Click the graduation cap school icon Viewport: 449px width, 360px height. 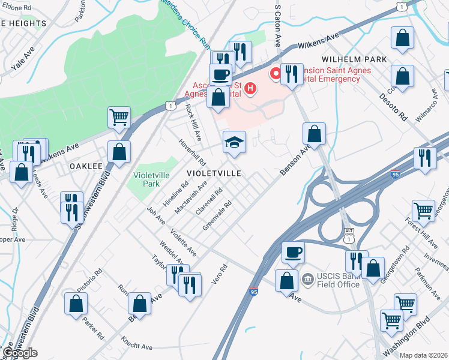click(x=234, y=142)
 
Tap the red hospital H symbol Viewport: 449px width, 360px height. click(x=251, y=90)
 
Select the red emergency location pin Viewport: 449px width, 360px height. click(x=276, y=74)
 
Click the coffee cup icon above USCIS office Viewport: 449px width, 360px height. click(x=293, y=252)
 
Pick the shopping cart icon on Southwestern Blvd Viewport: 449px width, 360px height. click(x=119, y=118)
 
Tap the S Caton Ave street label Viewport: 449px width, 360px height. click(x=277, y=27)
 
